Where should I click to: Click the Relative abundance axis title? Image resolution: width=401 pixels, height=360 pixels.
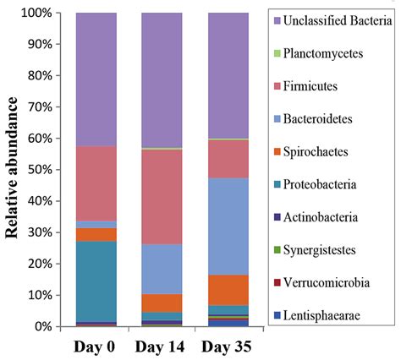[x=15, y=169]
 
